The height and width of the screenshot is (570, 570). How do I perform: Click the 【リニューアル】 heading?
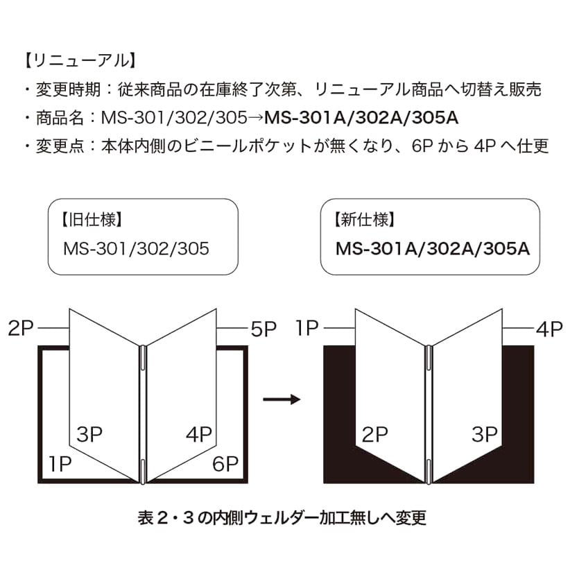coord(77,60)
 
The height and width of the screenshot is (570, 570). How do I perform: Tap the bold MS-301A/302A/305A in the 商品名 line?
coord(361,118)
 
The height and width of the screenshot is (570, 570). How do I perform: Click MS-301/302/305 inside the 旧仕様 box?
coord(136,248)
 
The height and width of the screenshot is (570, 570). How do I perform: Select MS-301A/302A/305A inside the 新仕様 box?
coord(433,248)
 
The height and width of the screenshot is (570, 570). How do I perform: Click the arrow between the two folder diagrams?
coord(281,399)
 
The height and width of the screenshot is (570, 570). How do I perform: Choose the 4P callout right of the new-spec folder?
coord(549,329)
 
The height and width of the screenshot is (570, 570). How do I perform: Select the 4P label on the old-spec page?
coord(199,435)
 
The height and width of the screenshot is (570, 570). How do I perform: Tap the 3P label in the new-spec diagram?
coord(485,435)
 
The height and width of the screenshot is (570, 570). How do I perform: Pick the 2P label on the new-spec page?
coord(374,435)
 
